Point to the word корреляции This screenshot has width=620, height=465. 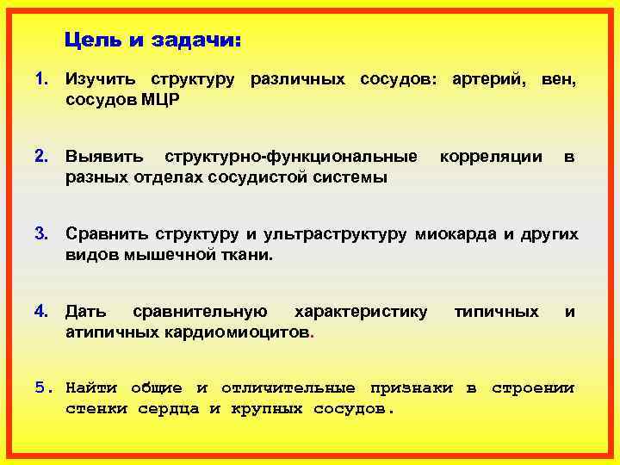pyautogui.click(x=491, y=157)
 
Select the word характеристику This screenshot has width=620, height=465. pyautogui.click(x=361, y=311)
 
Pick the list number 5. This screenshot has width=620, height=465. pyautogui.click(x=42, y=388)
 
